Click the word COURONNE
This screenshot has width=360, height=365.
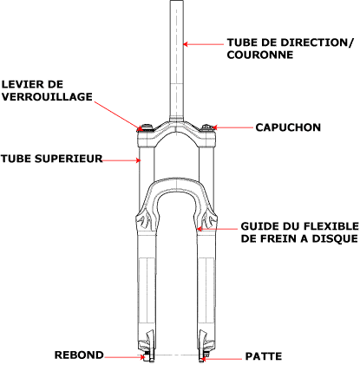click(260, 55)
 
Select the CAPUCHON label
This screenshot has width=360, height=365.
click(288, 127)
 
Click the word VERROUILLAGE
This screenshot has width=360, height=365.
click(47, 96)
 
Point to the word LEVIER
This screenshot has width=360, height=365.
click(20, 84)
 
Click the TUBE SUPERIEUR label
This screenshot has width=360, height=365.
click(52, 159)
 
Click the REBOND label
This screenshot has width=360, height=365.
click(79, 355)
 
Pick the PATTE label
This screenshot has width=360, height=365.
click(264, 356)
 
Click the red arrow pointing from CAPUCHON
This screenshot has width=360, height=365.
click(232, 127)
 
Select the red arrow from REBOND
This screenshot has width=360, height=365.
click(125, 357)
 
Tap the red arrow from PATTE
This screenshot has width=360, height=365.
click(221, 359)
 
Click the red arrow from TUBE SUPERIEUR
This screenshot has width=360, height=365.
click(121, 160)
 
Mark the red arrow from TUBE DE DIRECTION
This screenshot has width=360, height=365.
click(204, 44)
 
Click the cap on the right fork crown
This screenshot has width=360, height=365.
click(207, 128)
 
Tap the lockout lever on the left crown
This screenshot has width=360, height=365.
click(145, 127)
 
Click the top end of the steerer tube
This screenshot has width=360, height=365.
click(177, 1)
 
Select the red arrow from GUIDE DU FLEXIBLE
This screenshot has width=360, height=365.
click(217, 229)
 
